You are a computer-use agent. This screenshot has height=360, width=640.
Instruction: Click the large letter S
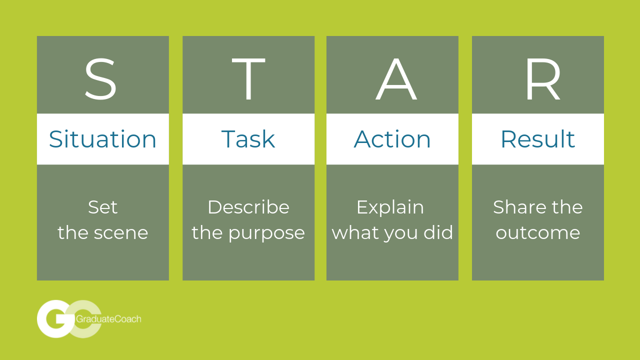100,79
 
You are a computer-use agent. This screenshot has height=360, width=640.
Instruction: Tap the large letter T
248,79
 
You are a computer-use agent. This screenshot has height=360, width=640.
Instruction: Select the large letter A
396,79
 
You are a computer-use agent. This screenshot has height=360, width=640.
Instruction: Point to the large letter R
543,79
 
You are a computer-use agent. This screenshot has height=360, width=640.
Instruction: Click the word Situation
102,139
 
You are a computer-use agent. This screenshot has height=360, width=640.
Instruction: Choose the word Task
248,139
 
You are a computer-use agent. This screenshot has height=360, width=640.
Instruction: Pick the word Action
392,139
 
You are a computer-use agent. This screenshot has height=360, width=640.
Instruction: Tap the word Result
537,139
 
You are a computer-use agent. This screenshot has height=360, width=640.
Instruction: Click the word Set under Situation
102,207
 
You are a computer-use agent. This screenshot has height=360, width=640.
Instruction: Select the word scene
121,233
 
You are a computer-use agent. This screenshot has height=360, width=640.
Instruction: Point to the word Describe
248,207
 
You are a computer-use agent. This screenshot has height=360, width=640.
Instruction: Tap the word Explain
390,207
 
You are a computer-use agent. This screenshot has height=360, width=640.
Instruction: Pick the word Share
518,207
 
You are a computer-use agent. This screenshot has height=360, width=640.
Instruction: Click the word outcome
537,233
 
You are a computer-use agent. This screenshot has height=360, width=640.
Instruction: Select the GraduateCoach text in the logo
108,319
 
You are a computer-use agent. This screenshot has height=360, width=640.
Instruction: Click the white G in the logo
56,319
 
